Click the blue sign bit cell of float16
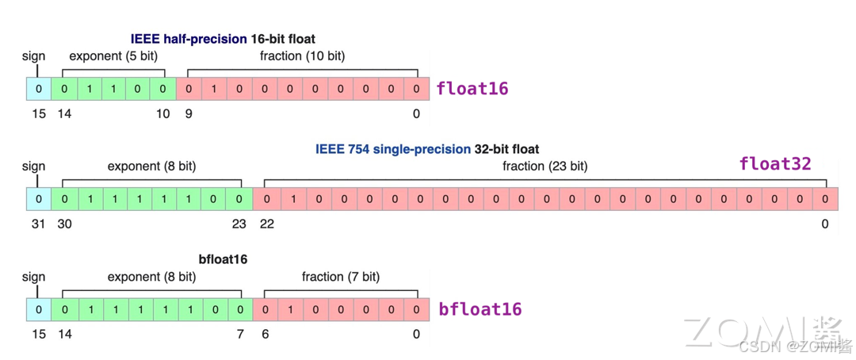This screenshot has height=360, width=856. tap(38, 89)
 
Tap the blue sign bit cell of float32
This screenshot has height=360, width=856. tap(38, 199)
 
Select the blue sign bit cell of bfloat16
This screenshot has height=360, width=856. tap(38, 309)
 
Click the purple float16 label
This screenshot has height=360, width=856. tap(472, 89)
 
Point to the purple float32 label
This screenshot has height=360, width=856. tap(775, 164)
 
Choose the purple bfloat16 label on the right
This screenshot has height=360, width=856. tap(480, 309)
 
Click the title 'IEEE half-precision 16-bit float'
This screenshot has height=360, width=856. tap(223, 39)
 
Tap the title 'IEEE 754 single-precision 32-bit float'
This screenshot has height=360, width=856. tap(427, 149)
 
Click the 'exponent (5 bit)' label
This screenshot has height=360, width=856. tap(113, 56)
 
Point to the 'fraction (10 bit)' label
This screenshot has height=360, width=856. tap(302, 56)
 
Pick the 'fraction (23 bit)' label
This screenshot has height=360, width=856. tap(545, 167)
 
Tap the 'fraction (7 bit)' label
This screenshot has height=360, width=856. tap(340, 277)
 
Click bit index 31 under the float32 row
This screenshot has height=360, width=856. tap(38, 224)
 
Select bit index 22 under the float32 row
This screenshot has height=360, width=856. tap(267, 224)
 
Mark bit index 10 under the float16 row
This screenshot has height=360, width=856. tap(162, 114)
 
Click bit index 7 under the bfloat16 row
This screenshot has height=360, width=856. tap(239, 335)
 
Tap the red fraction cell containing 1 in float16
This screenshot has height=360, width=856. tap(214, 89)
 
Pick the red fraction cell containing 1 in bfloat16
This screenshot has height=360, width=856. tap(291, 309)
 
